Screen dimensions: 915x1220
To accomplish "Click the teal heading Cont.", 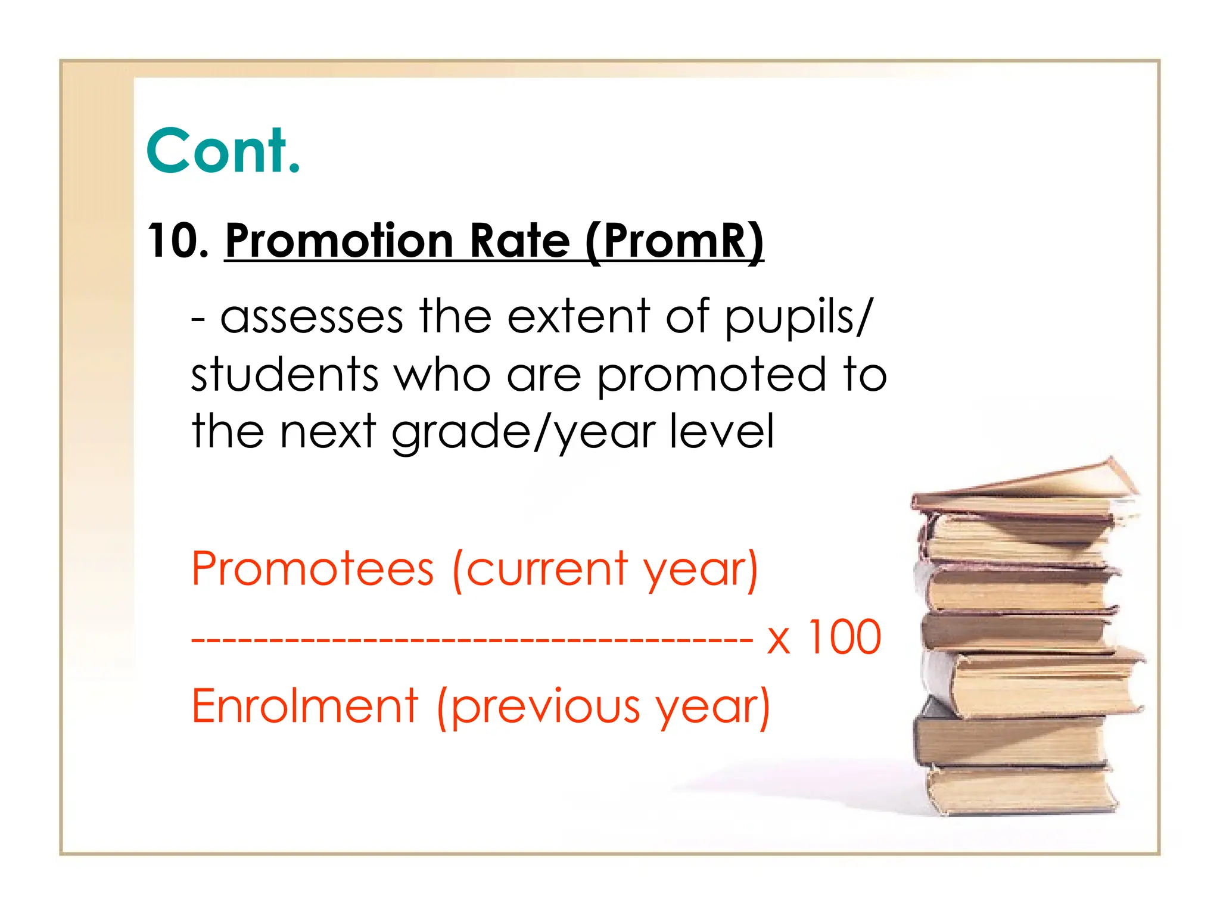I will tap(223, 151).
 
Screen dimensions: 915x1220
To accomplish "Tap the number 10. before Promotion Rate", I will tap(178, 241).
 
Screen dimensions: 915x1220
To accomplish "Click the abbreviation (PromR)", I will tap(674, 241).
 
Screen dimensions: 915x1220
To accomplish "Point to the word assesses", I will tap(312, 317).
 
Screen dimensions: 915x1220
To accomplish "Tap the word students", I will tap(285, 374).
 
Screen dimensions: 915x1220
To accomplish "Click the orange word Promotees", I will tap(313, 569).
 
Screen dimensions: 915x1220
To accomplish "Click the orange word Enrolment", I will tap(305, 706).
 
